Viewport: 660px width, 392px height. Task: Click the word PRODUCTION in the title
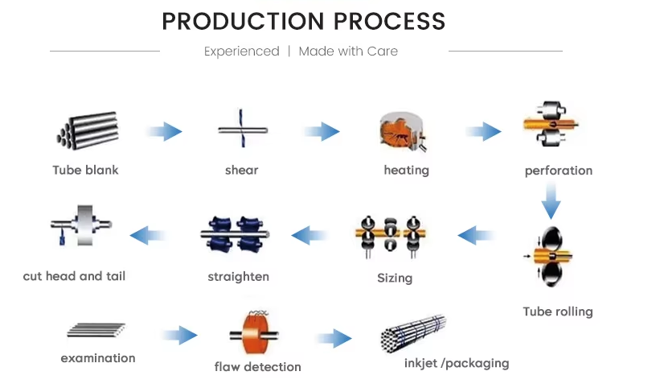243,21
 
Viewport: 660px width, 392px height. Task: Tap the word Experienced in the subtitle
242,52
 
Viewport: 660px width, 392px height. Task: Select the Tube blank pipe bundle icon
88,130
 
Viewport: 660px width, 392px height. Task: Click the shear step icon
243,129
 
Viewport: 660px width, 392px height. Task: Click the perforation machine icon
551,124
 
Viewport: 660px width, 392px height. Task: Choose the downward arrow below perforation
551,200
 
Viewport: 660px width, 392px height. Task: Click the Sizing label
395,279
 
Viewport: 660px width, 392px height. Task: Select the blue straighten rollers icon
235,234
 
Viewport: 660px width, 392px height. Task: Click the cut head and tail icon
82,225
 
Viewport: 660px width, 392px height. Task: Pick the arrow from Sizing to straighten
310,235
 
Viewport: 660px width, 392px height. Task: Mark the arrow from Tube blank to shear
164,131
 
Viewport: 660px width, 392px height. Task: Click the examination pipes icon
96,330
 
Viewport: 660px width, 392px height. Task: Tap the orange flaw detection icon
254,332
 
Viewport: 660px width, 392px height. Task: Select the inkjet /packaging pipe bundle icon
413,333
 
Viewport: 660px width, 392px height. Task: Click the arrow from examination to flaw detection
179,335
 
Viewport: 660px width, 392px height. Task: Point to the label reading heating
407,171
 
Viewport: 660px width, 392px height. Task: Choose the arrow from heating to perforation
484,131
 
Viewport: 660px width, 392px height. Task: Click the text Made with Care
348,52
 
